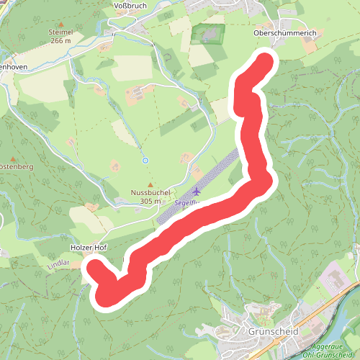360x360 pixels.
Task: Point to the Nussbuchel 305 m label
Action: [150, 197]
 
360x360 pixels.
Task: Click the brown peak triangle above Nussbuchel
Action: [150, 184]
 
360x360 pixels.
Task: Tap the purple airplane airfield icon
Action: [197, 191]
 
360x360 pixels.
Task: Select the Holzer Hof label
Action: [89, 247]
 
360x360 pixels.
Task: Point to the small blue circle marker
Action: [145, 160]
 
